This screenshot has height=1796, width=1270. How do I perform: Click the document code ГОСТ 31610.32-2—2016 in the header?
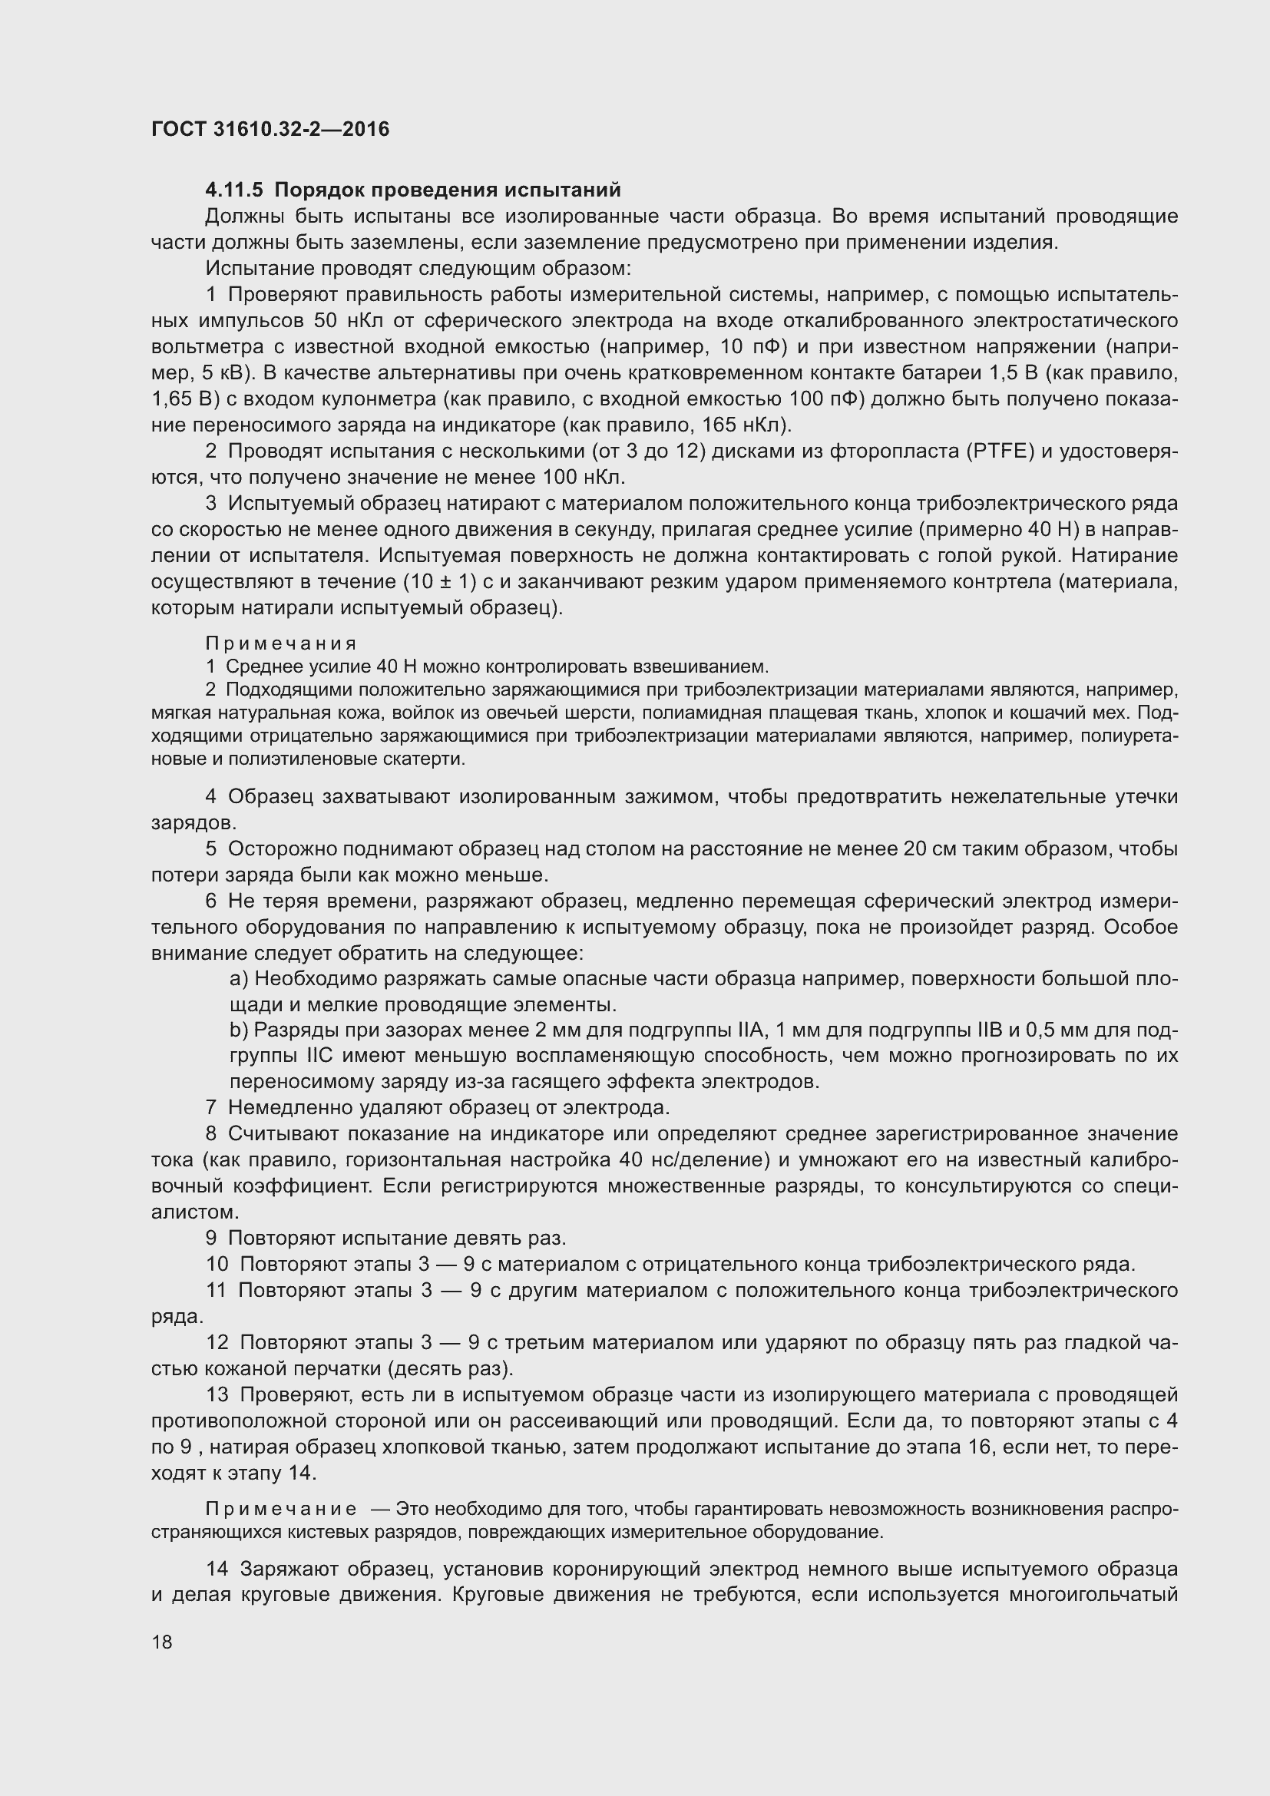coord(270,129)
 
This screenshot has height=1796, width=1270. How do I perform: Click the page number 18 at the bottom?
coord(162,1641)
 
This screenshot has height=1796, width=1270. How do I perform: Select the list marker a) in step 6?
coord(239,978)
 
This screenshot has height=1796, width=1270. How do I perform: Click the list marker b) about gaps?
coord(239,1030)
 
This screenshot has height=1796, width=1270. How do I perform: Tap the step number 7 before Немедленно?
coord(211,1108)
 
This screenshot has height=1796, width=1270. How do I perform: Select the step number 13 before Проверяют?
coord(217,1394)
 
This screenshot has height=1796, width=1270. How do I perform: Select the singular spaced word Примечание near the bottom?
coord(281,1509)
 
